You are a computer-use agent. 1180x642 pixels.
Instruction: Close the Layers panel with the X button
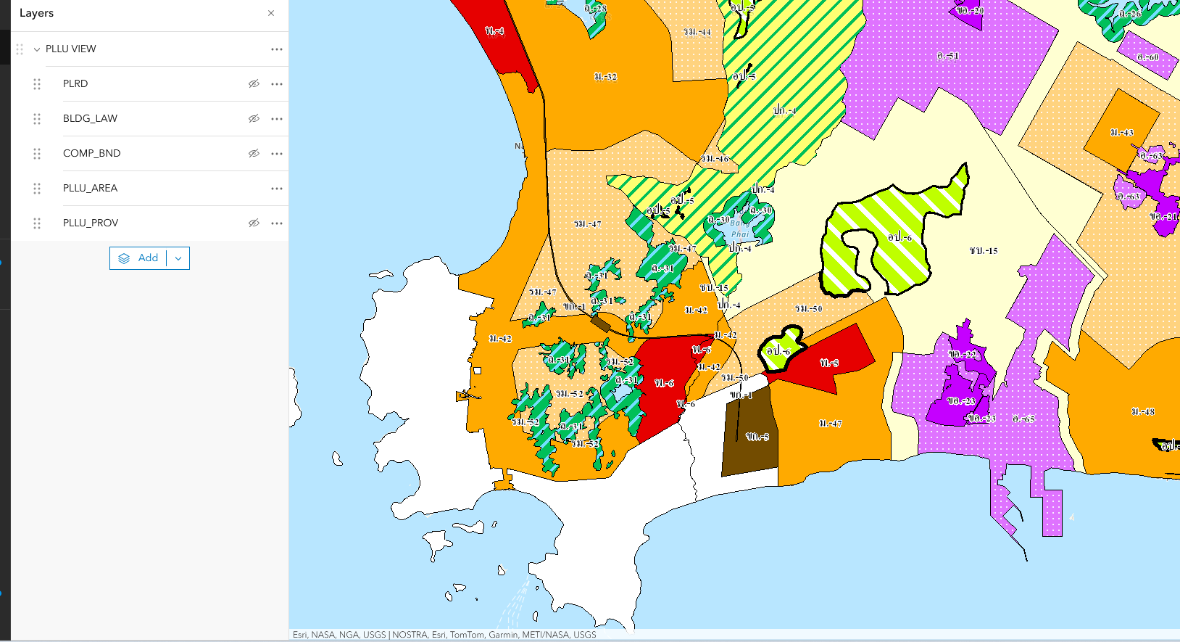[271, 13]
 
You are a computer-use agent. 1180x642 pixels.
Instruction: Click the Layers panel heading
[37, 13]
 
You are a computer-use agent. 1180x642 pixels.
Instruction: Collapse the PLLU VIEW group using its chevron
[37, 49]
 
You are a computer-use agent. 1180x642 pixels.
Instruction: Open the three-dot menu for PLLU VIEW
[277, 49]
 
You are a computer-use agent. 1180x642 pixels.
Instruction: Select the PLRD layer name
[75, 83]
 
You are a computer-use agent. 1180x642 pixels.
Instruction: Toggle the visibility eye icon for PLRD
[254, 83]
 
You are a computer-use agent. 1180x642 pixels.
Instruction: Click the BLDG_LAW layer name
[90, 118]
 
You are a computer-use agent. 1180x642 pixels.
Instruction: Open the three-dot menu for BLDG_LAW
[277, 118]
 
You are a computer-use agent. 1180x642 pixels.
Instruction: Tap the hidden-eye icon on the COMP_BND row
[254, 153]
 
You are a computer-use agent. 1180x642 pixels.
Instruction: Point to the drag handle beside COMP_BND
[37, 153]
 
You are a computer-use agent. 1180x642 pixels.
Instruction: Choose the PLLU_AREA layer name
[90, 188]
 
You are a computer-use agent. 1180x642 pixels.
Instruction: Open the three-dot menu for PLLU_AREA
[277, 188]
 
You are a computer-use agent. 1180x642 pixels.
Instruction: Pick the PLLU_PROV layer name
[91, 223]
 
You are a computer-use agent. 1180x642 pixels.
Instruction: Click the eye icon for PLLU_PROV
[254, 223]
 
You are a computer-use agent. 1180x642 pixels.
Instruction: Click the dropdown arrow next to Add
[178, 258]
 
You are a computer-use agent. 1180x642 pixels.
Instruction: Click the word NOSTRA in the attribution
[410, 635]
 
